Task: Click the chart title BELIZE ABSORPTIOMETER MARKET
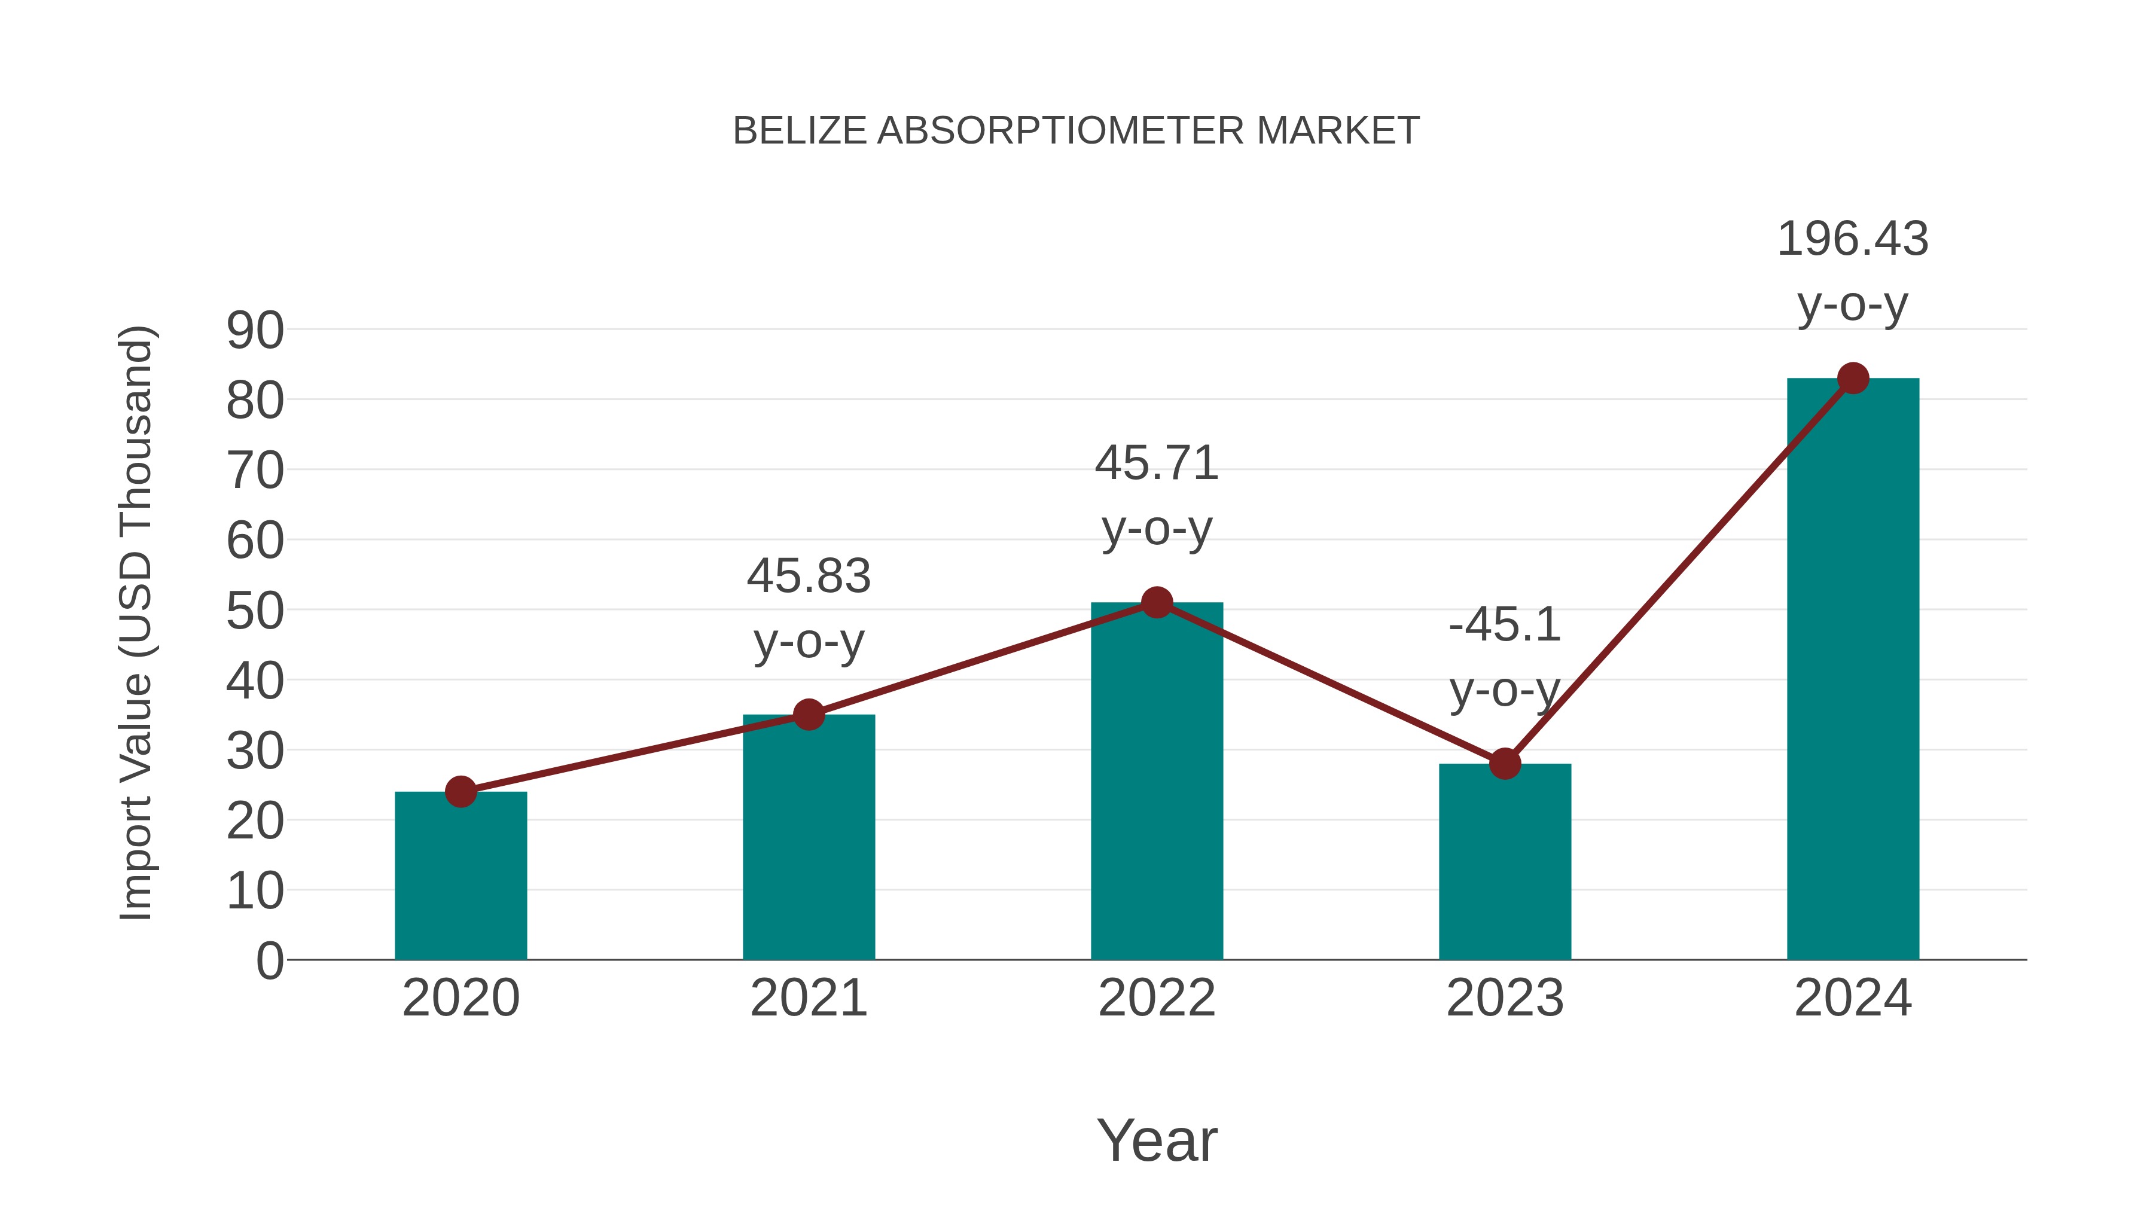(1076, 131)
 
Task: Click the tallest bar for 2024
(1853, 669)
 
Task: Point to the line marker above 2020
(461, 791)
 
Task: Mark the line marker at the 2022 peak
(1157, 602)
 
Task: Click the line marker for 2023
(1505, 764)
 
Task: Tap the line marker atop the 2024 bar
(1853, 378)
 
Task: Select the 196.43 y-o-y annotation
(1852, 271)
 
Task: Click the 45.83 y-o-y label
(808, 608)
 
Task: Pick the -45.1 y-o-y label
(1505, 657)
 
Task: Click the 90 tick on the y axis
(255, 331)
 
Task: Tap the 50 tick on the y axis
(255, 611)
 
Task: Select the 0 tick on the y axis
(269, 961)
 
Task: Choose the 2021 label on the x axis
(808, 998)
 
